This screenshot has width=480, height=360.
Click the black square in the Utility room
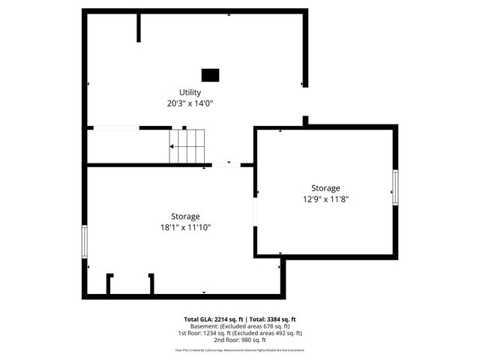[x=211, y=74]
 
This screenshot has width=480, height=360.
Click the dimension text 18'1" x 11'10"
[x=185, y=227]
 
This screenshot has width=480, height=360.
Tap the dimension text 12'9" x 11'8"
[x=325, y=199]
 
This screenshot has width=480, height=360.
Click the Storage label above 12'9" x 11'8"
[x=325, y=188]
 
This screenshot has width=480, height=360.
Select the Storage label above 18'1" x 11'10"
[x=185, y=216]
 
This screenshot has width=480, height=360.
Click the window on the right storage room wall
[x=395, y=187]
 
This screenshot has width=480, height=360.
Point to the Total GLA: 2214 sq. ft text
[x=213, y=319]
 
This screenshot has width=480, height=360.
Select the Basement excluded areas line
[x=240, y=326]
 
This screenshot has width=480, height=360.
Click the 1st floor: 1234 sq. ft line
[x=240, y=333]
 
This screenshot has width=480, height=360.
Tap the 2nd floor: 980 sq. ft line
[x=240, y=340]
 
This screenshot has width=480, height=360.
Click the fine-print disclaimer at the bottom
[x=240, y=349]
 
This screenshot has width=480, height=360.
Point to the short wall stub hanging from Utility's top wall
[x=139, y=27]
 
